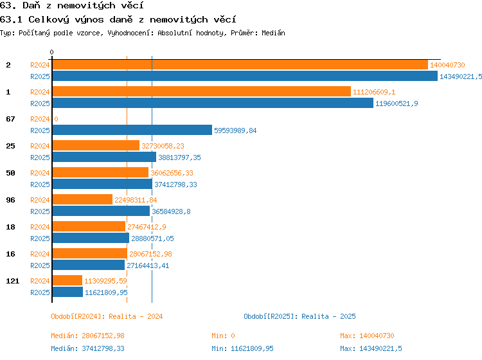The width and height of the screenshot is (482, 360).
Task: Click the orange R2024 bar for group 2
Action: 240,65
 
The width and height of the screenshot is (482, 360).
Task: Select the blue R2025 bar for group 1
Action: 213,104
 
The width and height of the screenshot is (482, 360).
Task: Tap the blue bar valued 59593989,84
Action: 132,130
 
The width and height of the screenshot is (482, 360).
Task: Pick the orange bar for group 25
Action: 96,146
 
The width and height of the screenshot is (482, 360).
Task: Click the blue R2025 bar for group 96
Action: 101,212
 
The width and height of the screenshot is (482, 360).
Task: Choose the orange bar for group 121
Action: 67,281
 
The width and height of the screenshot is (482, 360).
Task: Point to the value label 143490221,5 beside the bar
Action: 461,76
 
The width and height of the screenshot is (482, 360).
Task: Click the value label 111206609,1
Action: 374,92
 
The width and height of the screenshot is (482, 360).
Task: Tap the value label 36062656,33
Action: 172,173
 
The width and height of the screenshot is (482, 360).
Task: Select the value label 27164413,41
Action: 148,265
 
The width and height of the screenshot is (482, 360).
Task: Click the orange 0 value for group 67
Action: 56,119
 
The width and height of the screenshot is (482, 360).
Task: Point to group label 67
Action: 10,119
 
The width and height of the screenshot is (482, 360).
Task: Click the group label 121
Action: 13,281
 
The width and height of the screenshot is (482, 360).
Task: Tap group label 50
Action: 10,173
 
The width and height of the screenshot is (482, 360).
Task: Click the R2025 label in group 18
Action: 40,239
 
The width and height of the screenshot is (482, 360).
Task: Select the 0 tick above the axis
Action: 51,52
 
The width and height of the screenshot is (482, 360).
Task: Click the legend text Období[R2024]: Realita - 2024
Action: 107,316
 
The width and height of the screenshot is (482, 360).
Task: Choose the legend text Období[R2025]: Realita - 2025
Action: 299,316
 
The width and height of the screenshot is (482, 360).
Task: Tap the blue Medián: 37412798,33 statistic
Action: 87,348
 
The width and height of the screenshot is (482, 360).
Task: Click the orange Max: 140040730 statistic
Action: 367,336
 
